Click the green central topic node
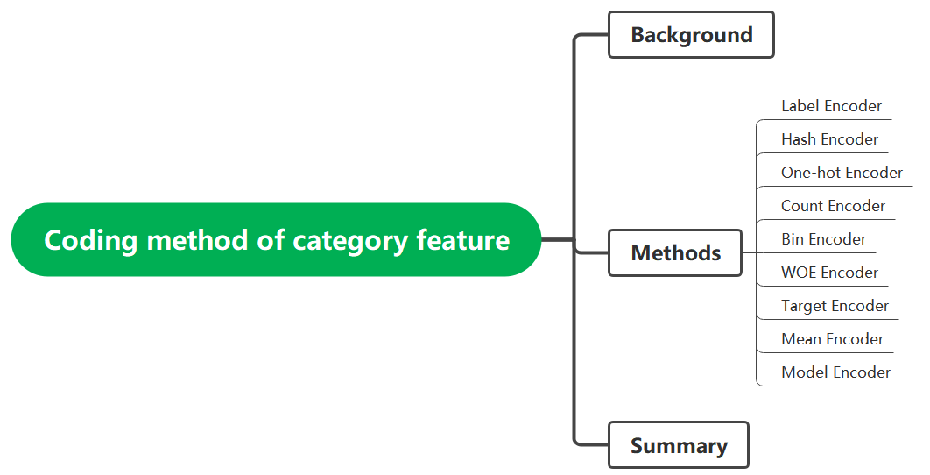276,239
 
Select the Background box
691,35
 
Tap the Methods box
675,253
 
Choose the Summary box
679,445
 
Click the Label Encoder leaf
831,106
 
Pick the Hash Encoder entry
829,139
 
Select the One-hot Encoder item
842,173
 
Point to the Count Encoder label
833,206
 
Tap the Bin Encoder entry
823,239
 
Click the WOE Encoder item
829,273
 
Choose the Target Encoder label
835,306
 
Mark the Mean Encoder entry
832,339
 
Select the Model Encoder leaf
835,372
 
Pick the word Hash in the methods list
799,139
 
